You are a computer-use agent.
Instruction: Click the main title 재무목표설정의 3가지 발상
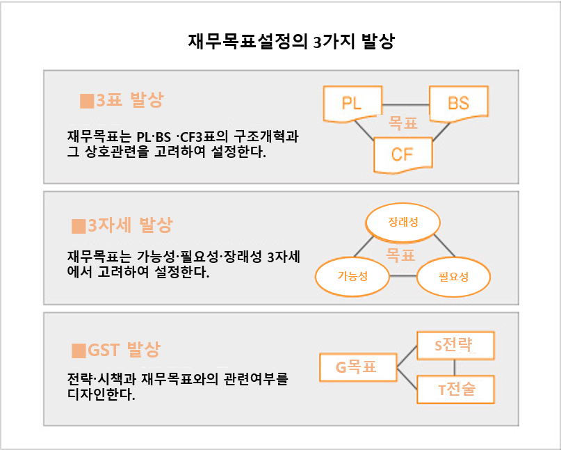click(291, 41)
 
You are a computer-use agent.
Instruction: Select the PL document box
click(352, 104)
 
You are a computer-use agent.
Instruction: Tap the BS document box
click(459, 104)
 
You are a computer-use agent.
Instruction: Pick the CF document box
click(403, 155)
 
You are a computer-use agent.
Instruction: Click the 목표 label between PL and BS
click(403, 123)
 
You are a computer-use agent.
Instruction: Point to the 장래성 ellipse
click(403, 223)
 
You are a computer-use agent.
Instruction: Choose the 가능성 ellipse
click(352, 276)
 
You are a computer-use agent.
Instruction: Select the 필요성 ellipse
click(454, 277)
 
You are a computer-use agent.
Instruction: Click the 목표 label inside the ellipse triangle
click(400, 255)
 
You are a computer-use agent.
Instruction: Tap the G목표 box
click(358, 367)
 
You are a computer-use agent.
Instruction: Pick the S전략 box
click(455, 346)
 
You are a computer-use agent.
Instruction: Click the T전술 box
click(455, 389)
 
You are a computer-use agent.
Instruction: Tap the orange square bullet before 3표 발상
click(87, 101)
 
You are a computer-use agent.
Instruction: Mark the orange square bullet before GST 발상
click(79, 351)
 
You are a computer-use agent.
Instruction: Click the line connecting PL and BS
click(406, 105)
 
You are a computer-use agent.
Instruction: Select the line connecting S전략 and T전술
click(455, 368)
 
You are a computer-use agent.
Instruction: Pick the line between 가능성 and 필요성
click(403, 276)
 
